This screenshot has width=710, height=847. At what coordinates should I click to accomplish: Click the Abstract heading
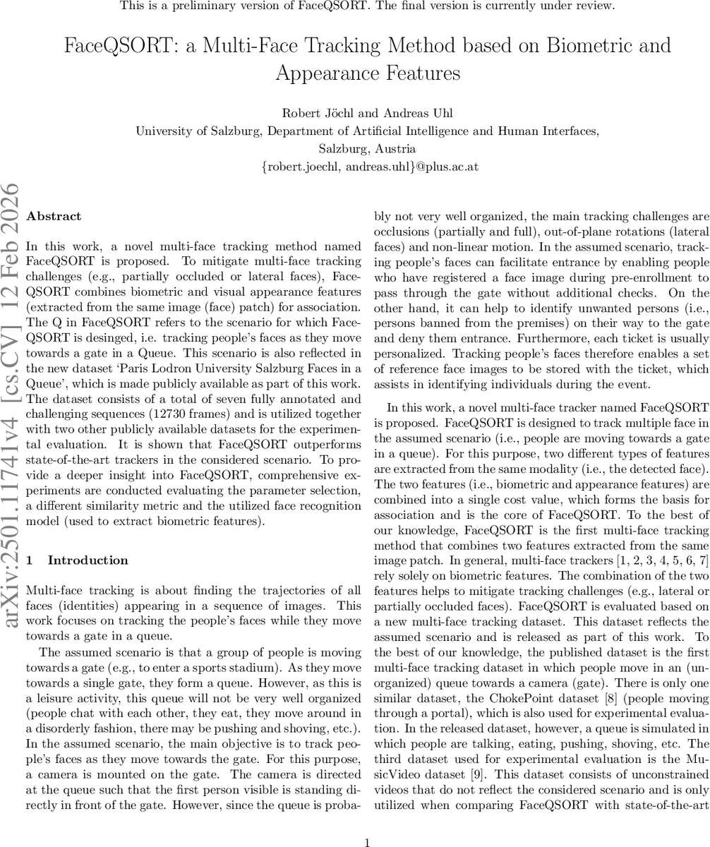[54, 217]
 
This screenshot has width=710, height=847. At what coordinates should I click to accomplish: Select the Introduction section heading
[88, 560]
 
